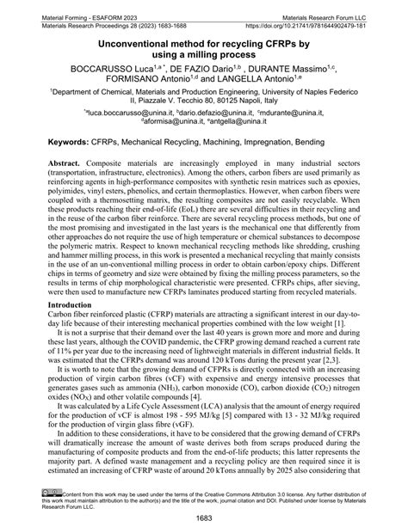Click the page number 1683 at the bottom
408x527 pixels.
(x=204, y=518)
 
